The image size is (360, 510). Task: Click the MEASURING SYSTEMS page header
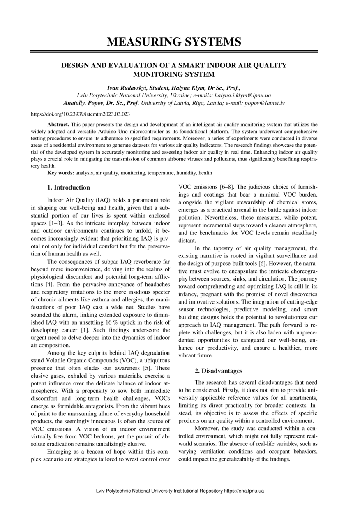(x=174, y=42)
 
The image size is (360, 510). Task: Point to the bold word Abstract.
(x=58, y=124)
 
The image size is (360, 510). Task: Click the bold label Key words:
(x=61, y=173)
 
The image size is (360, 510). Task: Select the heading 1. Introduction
(x=69, y=188)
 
